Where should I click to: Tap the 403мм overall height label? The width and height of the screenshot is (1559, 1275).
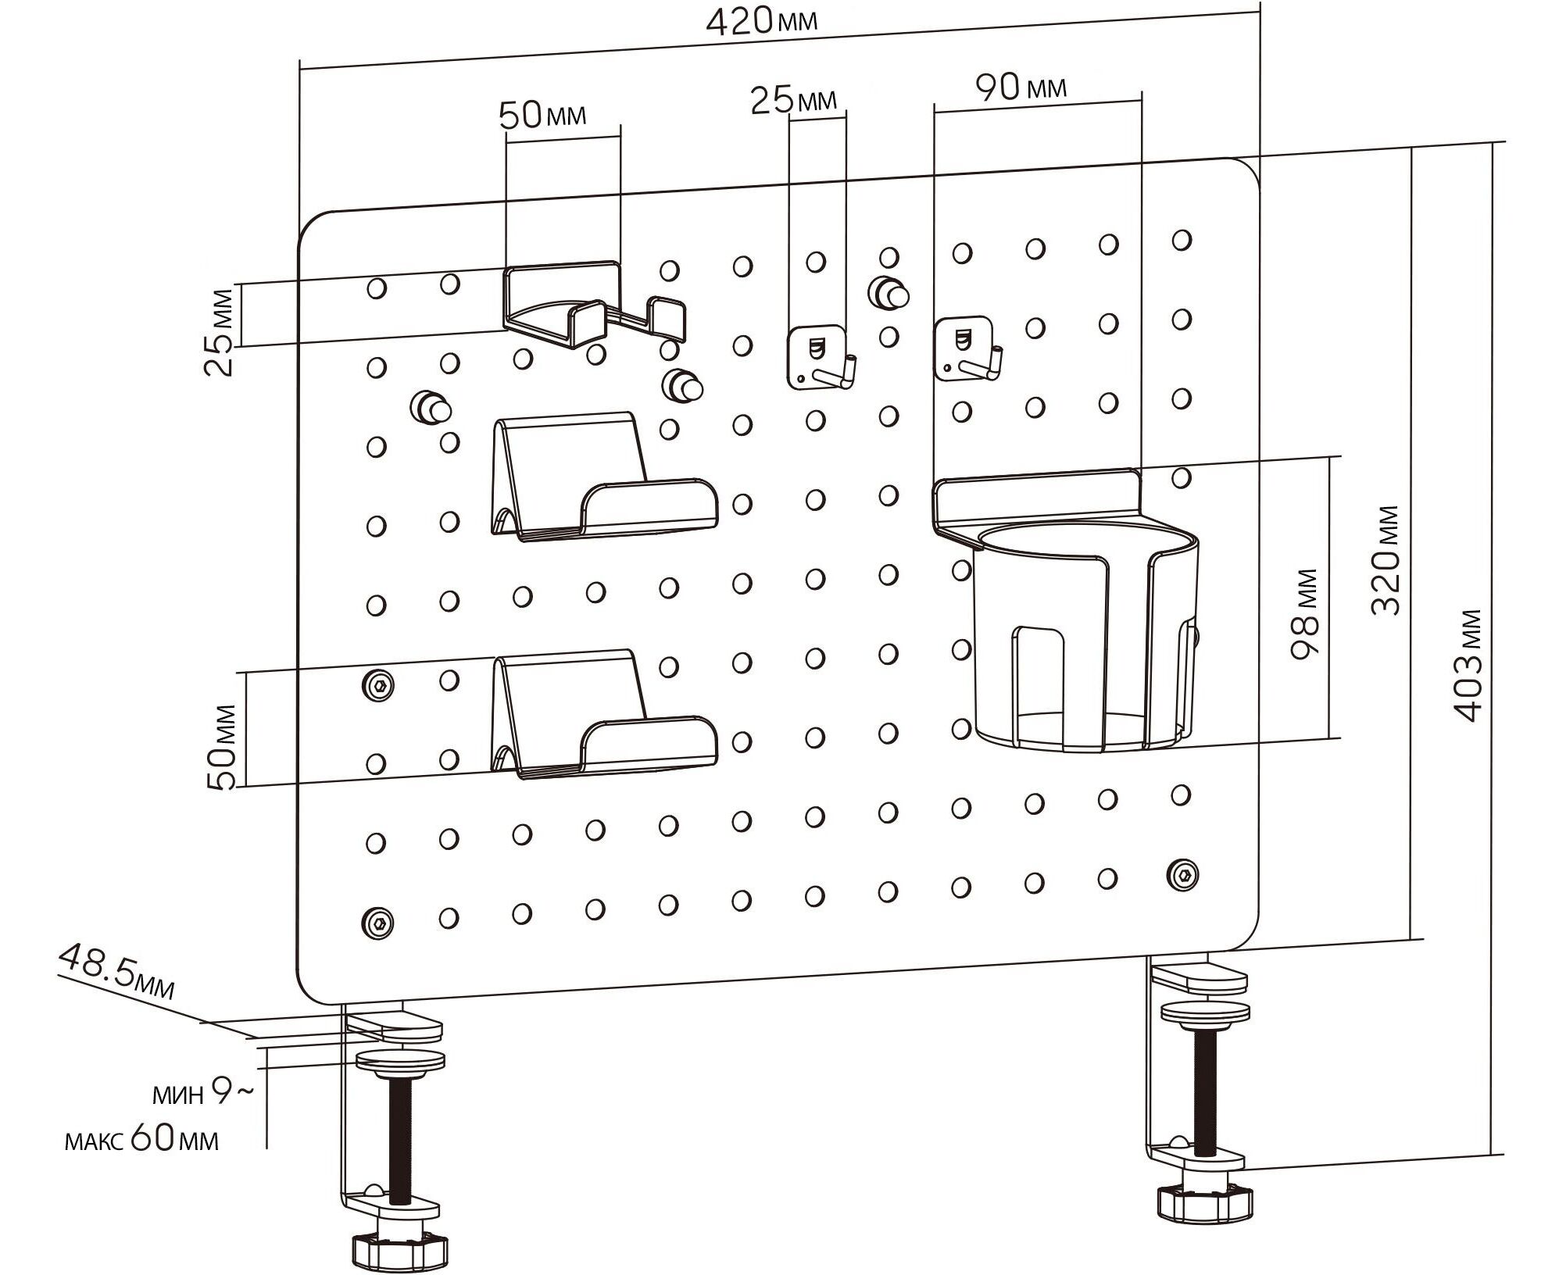(1466, 665)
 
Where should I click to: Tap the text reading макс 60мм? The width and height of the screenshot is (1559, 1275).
(141, 1139)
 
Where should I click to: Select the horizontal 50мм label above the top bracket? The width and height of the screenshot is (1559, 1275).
(542, 116)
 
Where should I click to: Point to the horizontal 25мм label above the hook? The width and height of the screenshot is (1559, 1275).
(794, 99)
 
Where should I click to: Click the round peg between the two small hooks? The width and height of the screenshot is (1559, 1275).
(888, 292)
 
